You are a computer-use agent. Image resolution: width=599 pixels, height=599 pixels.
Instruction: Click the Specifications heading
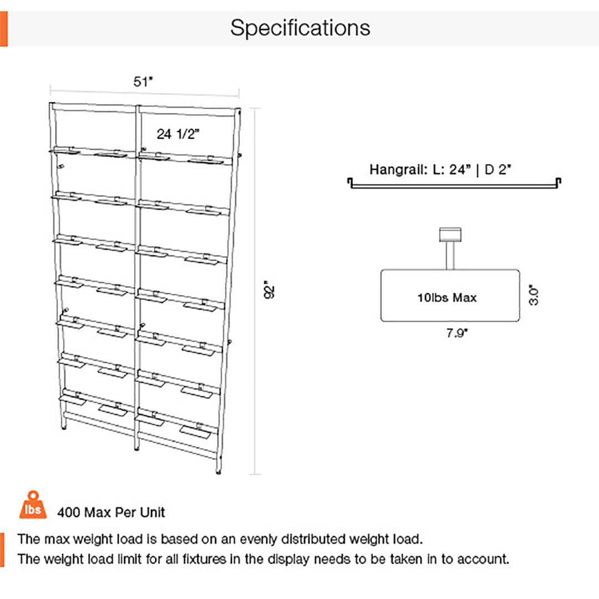pyautogui.click(x=300, y=28)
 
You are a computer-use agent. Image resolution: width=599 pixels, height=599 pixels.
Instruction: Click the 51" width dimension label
pyautogui.click(x=143, y=82)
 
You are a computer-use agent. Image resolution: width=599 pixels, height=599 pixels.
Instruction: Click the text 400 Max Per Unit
pyautogui.click(x=111, y=512)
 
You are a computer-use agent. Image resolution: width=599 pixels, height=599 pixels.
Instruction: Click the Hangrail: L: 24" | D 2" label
pyautogui.click(x=440, y=169)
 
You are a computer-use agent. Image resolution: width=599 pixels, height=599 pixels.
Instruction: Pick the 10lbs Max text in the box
pyautogui.click(x=447, y=298)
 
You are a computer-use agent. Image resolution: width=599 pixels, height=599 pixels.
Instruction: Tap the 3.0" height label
pyautogui.click(x=534, y=295)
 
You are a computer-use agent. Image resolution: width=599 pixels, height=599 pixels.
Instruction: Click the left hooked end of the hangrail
pyautogui.click(x=351, y=182)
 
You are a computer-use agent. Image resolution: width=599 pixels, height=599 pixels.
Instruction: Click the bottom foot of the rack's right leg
pyautogui.click(x=219, y=471)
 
